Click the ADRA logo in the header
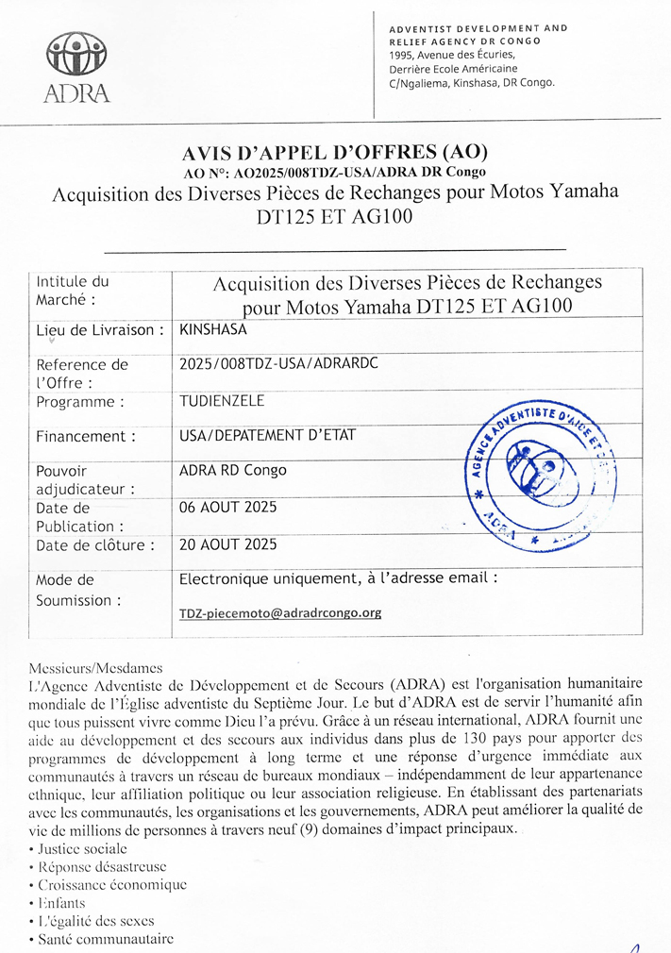pos(76,66)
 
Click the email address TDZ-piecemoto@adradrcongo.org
pos(280,612)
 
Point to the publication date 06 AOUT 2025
pos(227,507)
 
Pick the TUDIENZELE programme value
pos(222,401)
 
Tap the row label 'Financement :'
pos(85,436)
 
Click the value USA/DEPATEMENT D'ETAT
pos(260,436)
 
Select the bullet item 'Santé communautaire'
pos(106,939)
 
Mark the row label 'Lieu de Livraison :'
pos(100,330)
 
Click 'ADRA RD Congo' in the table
pos(232,470)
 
